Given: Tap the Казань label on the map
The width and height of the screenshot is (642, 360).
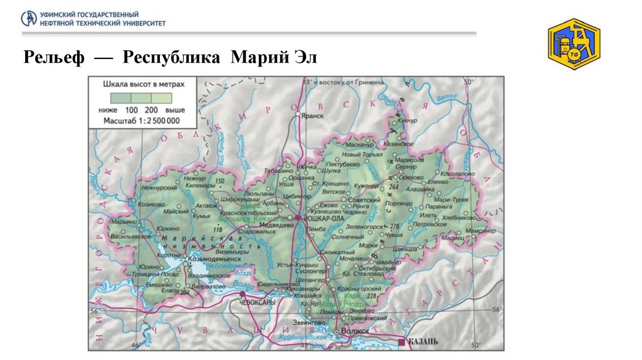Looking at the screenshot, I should click(x=423, y=342).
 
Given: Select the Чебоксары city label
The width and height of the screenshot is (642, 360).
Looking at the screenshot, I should click(x=258, y=302).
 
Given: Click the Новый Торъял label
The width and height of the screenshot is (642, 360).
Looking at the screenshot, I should click(x=362, y=154).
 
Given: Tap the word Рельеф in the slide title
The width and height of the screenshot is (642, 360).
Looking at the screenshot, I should click(x=53, y=58).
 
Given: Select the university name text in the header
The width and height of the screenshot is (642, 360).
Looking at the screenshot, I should click(x=103, y=18).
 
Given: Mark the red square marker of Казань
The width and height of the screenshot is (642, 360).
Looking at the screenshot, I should click(x=402, y=342).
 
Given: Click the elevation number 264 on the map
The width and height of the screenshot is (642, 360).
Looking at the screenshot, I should click(x=394, y=187).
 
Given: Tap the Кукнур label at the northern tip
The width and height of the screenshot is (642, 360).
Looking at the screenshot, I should click(x=407, y=119).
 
